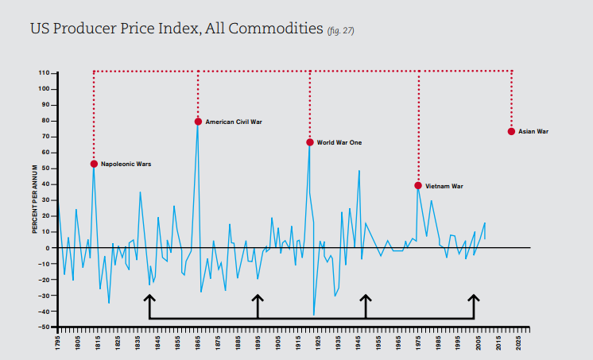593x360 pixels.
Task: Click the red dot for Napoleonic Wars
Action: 94,164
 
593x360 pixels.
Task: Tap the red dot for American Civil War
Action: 198,122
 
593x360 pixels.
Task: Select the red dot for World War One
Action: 309,142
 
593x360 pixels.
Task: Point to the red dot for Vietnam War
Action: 418,185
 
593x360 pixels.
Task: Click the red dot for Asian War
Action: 511,131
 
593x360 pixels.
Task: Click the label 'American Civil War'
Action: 234,122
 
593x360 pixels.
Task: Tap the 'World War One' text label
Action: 339,143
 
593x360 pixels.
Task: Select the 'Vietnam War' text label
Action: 444,186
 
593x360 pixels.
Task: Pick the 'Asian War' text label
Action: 533,132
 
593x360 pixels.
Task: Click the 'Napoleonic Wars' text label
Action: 126,165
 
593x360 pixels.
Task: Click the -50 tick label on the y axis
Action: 44,327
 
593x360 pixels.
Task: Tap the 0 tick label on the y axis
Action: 47,248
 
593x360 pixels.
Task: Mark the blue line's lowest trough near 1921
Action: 313,315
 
